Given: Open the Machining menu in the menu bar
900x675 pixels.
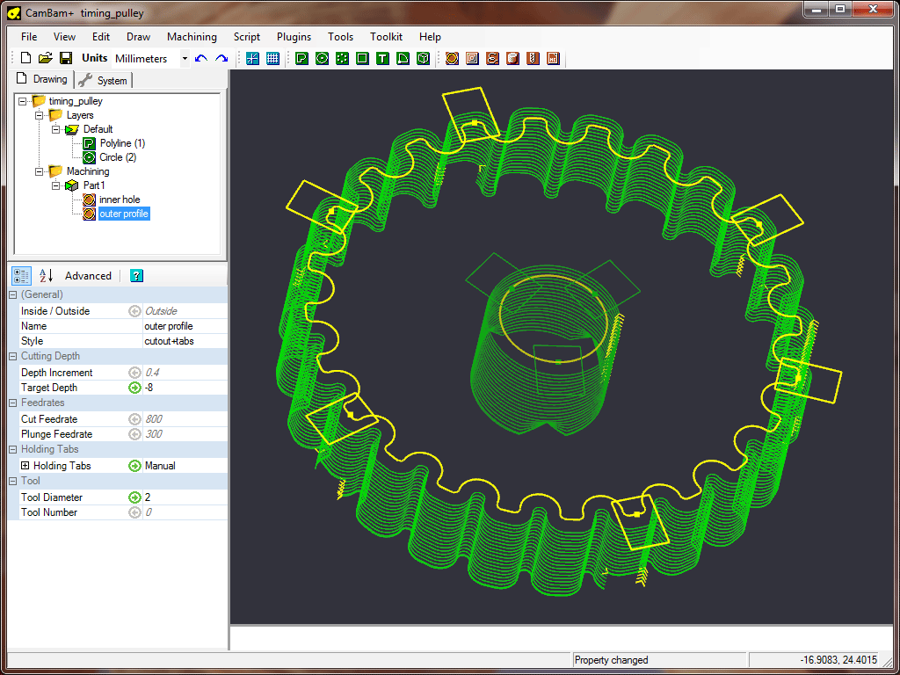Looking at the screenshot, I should [192, 37].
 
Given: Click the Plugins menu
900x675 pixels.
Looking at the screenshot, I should [294, 37].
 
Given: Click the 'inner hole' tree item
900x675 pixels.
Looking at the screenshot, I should [119, 200].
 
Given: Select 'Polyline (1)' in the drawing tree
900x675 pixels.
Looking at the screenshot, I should [121, 143].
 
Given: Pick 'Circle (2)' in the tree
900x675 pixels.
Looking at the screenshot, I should [118, 157].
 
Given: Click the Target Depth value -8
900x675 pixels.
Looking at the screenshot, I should [184, 388].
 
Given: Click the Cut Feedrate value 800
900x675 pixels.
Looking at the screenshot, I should [184, 419].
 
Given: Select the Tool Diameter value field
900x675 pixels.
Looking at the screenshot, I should [184, 497].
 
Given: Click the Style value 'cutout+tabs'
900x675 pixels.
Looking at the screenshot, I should [184, 341].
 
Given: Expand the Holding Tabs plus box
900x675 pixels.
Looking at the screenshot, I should [25, 466].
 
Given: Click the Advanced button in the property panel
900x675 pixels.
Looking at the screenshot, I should [88, 276].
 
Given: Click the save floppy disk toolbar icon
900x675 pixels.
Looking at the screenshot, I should [66, 59].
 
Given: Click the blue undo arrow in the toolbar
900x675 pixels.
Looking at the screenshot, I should [201, 59].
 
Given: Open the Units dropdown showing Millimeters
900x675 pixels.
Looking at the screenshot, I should [185, 59].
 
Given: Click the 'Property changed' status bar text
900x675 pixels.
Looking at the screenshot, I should [612, 660].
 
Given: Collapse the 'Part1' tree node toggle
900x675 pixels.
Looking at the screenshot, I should [55, 185].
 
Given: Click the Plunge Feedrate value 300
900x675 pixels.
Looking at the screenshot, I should [184, 434].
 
